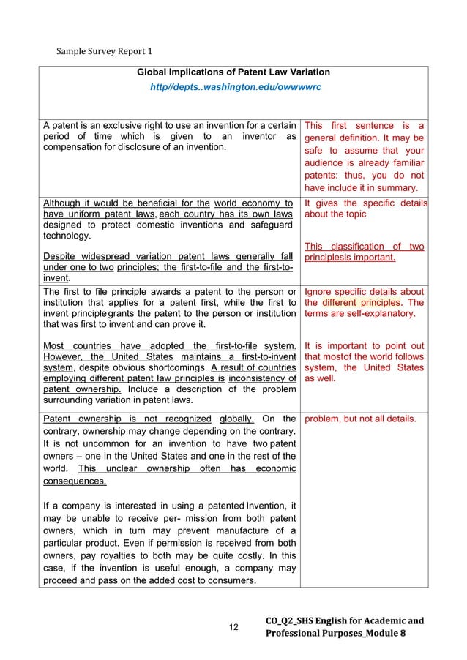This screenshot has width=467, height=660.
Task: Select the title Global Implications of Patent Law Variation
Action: pos(233,72)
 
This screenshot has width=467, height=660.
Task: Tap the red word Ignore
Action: pos(319,290)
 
